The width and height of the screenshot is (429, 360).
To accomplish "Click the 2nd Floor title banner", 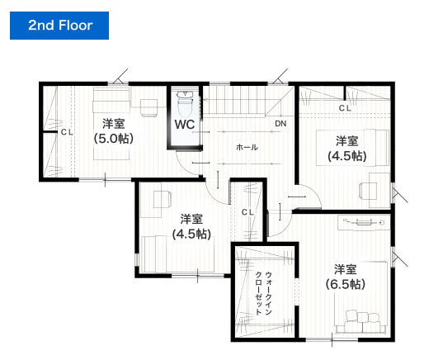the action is click(x=59, y=26).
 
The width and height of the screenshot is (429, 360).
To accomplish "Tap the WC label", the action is click(x=185, y=125).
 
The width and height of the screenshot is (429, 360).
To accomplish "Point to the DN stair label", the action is click(x=280, y=124).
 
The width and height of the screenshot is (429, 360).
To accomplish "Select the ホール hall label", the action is click(x=247, y=147).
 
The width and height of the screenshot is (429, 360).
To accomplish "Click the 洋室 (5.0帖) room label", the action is click(x=114, y=131).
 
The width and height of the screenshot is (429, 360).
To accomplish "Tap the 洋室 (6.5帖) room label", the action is click(x=346, y=277).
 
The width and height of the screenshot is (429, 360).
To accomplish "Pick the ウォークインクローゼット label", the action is click(x=264, y=293).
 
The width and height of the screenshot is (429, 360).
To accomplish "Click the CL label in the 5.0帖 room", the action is click(x=67, y=132).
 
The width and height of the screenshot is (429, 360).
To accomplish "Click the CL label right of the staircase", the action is click(x=345, y=108).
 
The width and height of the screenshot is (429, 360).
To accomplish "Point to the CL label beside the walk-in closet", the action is click(x=247, y=212).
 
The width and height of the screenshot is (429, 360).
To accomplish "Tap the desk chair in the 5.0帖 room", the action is click(x=148, y=107).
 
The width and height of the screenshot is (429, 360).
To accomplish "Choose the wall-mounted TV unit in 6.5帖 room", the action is click(x=364, y=222).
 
